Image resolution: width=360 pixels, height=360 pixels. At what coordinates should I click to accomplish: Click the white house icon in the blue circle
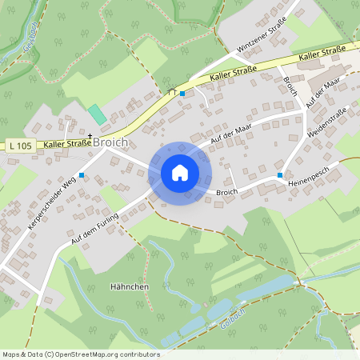point(180,173)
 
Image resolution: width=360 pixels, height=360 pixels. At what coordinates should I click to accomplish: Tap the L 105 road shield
point(22,146)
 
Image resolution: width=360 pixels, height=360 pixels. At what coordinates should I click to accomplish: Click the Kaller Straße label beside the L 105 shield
point(67,144)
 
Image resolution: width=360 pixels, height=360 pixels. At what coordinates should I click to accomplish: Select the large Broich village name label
point(110,142)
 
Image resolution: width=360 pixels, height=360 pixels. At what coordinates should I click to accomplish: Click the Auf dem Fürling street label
point(100,227)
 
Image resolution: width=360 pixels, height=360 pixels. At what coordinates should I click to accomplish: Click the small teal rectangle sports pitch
point(97,114)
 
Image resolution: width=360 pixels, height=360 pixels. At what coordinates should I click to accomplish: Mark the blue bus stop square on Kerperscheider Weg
point(82,174)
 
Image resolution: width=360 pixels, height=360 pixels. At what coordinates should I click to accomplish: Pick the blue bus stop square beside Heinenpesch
point(280,174)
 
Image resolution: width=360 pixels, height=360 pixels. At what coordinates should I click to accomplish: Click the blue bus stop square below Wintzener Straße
point(182,94)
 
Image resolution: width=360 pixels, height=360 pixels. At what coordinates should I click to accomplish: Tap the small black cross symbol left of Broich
point(90,136)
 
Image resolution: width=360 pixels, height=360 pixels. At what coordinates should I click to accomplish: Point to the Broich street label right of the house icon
point(227,192)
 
